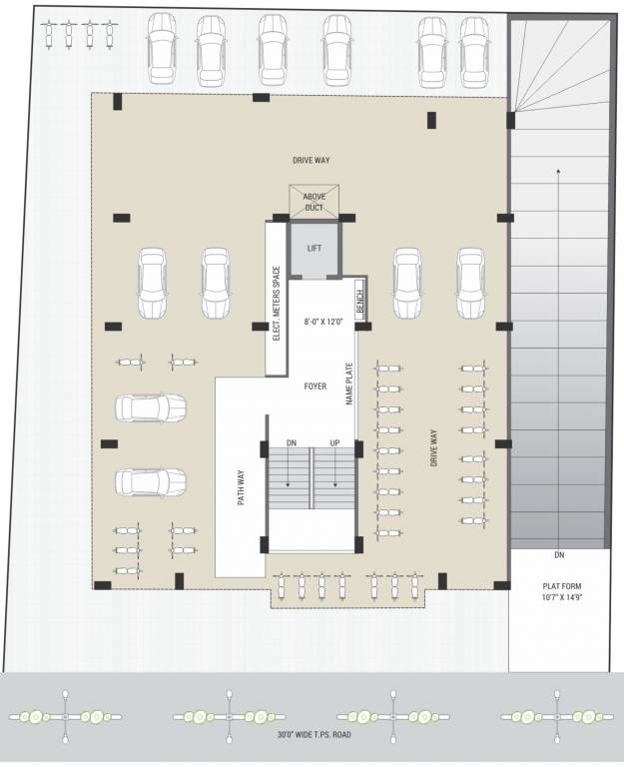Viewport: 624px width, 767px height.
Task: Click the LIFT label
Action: pyautogui.click(x=314, y=249)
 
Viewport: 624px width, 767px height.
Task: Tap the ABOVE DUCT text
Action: pyautogui.click(x=314, y=202)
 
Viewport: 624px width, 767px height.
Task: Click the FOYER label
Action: pyautogui.click(x=315, y=385)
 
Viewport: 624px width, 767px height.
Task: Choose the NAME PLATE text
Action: pyautogui.click(x=349, y=383)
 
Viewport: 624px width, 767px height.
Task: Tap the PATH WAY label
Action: pyautogui.click(x=242, y=489)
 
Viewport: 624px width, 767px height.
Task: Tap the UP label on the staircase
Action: pyautogui.click(x=335, y=442)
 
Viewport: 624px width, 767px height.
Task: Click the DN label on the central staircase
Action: pyautogui.click(x=291, y=442)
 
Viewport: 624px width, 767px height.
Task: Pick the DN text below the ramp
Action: pyautogui.click(x=559, y=554)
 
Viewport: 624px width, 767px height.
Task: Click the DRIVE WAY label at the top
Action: pyautogui.click(x=311, y=160)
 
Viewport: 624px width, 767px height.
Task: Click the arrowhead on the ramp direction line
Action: pyautogui.click(x=557, y=173)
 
